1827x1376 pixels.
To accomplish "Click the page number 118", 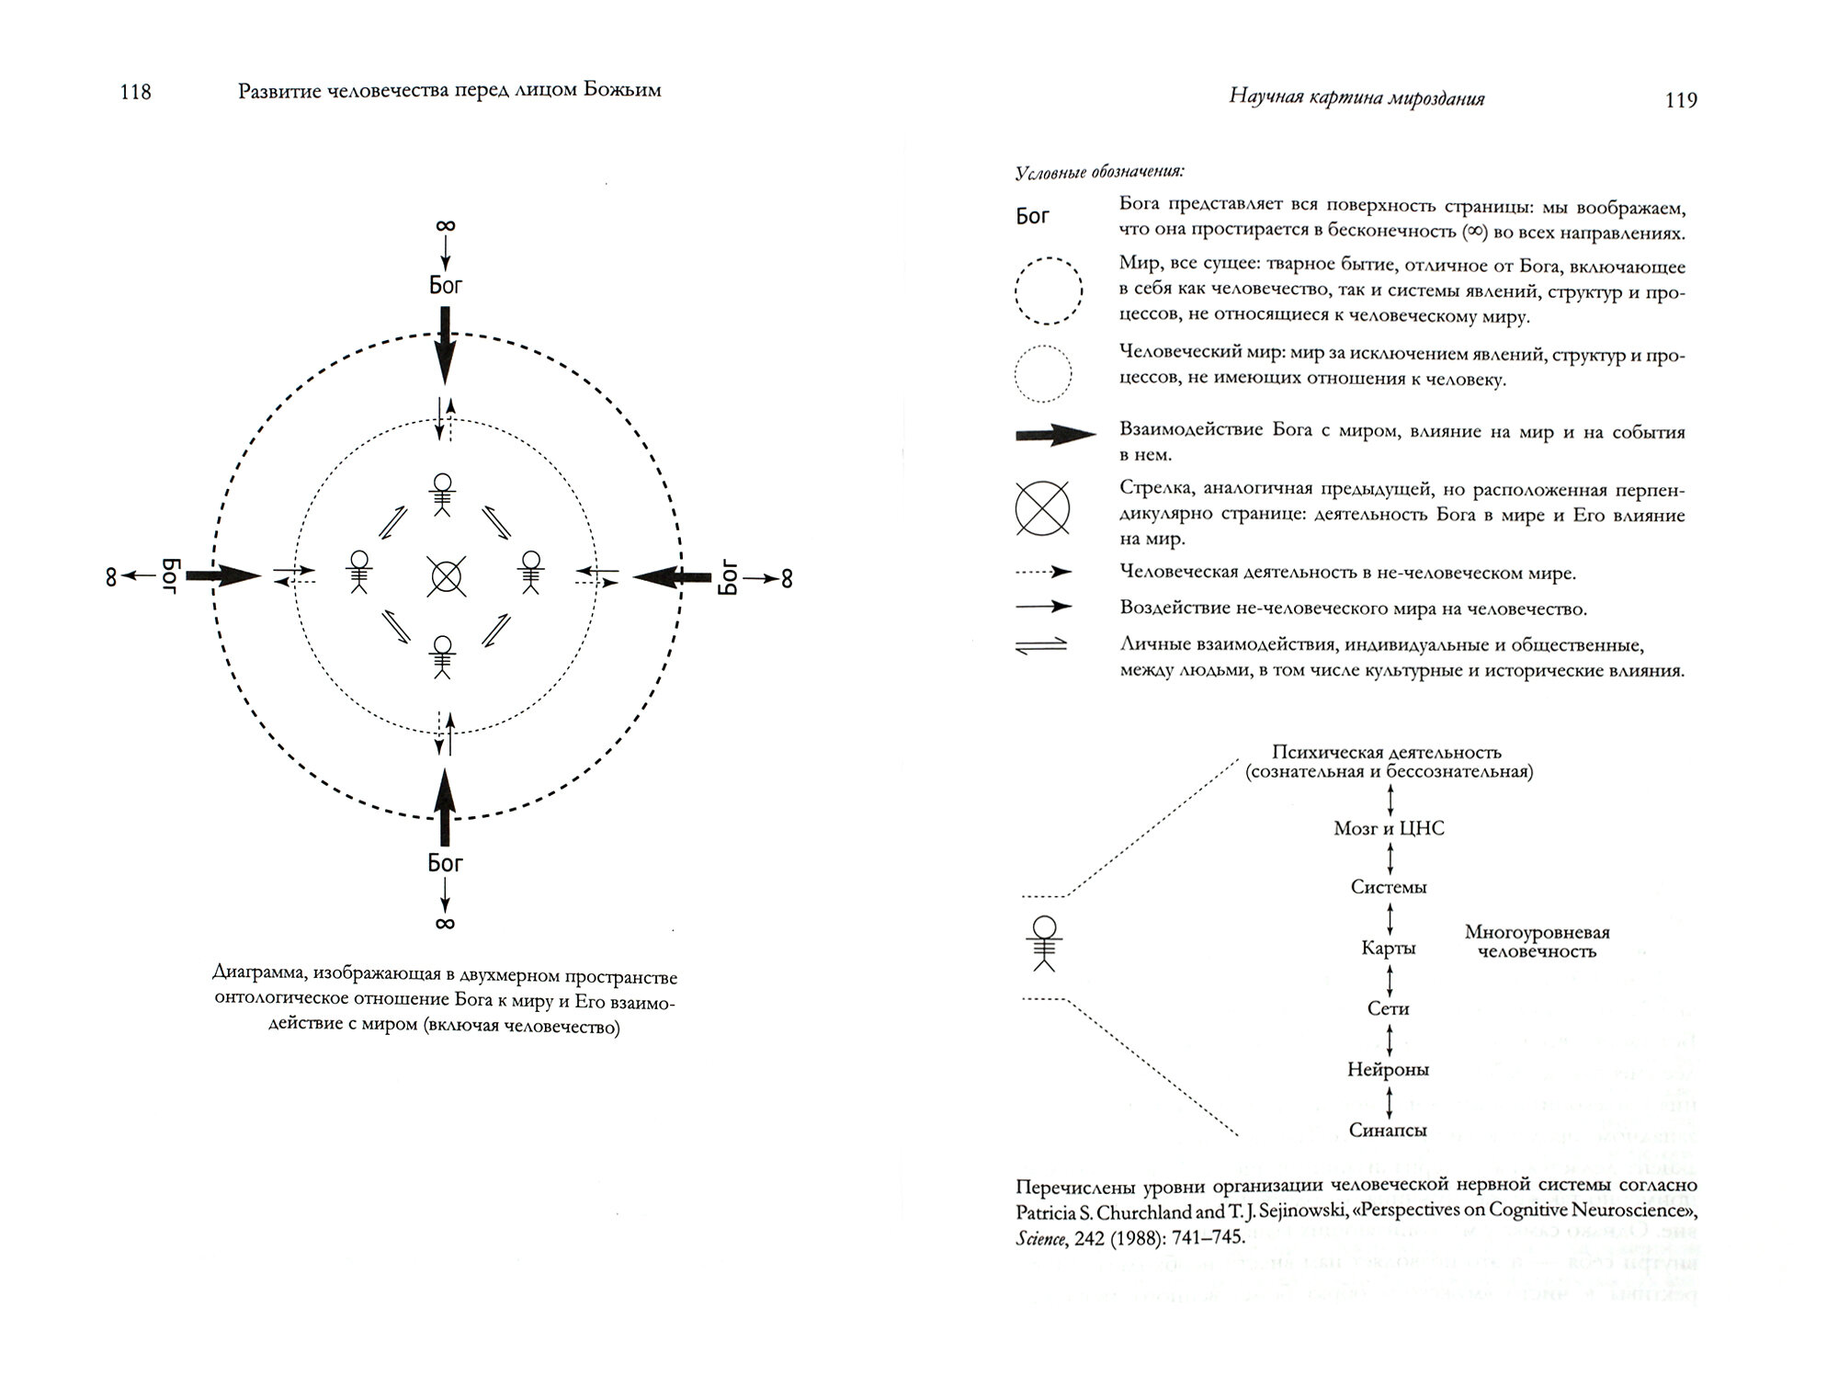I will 135,92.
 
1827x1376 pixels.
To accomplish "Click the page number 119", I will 1681,100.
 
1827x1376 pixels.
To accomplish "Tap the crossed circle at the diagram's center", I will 446,576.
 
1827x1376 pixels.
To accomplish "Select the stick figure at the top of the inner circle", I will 443,495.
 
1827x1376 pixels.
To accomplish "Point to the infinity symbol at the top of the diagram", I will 446,226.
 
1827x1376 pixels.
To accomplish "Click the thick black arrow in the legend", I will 1055,436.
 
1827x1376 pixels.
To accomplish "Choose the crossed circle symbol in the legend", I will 1043,508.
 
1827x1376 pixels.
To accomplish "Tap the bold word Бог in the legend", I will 1032,217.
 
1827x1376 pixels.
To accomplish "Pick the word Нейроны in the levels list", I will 1389,1070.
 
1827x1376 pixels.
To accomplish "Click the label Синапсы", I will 1389,1131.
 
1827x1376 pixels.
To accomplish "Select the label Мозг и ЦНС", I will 1389,828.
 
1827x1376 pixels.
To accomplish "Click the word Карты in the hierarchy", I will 1389,948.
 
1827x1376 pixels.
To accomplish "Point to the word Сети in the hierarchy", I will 1389,1008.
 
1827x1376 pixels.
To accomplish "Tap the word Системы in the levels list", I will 1389,887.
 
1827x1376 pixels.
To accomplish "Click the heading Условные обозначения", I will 1099,172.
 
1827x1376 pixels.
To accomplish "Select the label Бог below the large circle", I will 446,863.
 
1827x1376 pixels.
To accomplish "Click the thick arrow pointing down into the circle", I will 445,346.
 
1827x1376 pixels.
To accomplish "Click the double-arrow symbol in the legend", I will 1042,645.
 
